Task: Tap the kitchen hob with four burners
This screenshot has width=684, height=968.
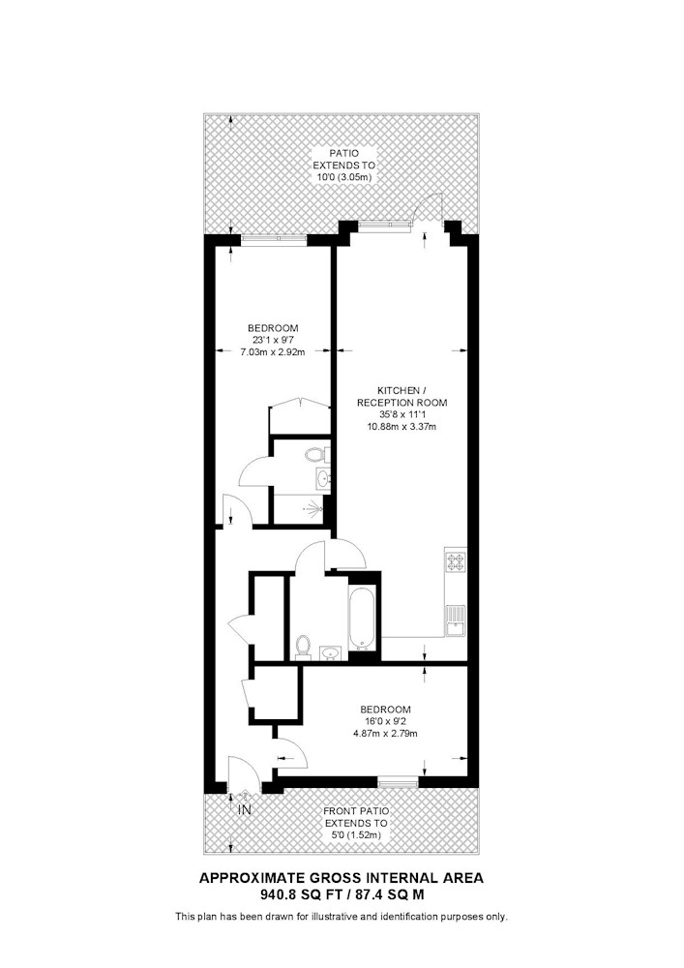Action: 455,560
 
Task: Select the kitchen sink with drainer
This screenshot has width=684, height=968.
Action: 455,620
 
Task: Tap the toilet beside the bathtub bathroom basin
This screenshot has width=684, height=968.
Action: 303,647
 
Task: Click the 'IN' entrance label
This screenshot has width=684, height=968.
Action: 245,809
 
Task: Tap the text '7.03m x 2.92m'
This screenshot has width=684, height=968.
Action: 272,352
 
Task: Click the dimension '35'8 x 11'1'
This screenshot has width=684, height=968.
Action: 401,414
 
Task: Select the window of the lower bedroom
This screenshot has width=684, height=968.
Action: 398,780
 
